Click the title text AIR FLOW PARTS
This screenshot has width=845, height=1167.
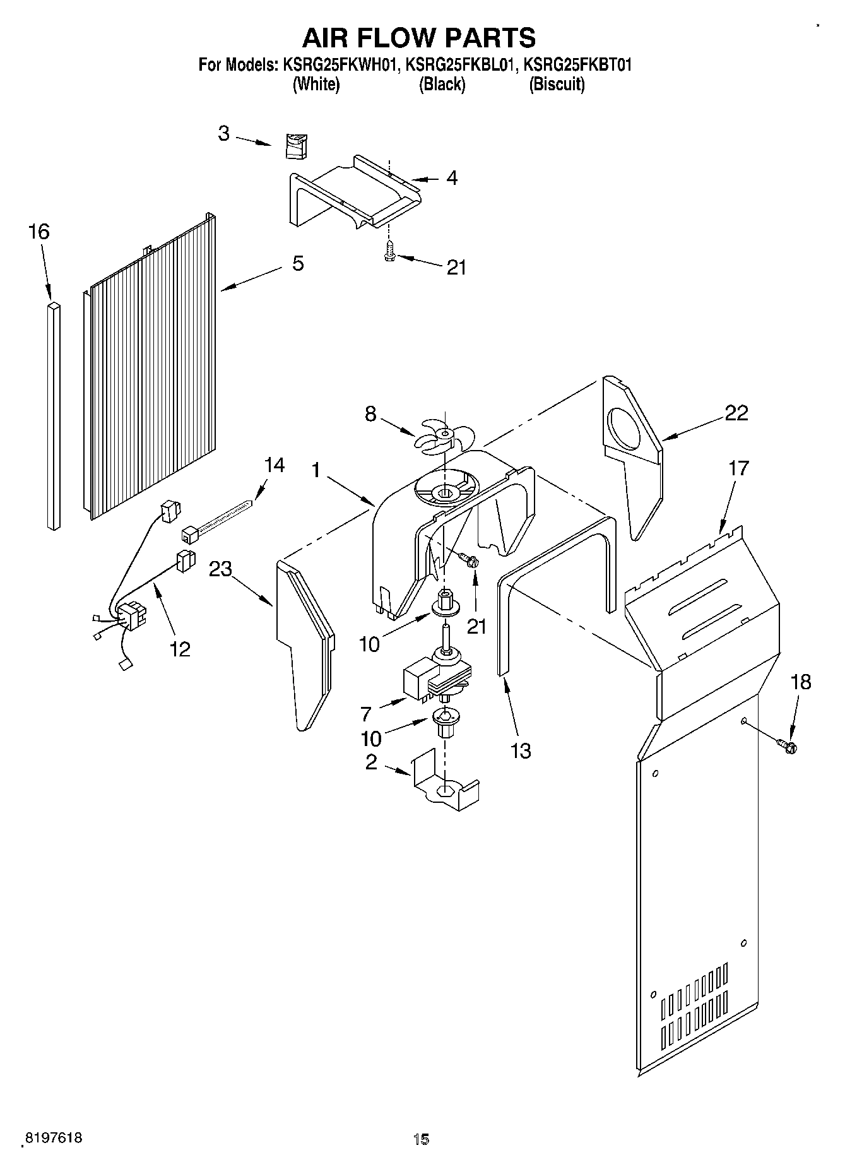pyautogui.click(x=419, y=38)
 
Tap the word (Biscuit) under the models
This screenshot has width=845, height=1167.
pyautogui.click(x=556, y=85)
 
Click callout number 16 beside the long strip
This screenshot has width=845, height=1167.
pyautogui.click(x=38, y=232)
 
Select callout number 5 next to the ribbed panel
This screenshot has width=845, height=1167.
pyautogui.click(x=297, y=263)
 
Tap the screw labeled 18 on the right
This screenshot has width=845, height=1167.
pyautogui.click(x=788, y=747)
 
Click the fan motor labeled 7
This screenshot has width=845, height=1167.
pyautogui.click(x=435, y=678)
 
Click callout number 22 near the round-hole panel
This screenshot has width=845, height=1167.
pyautogui.click(x=736, y=413)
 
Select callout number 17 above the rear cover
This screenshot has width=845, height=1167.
pyautogui.click(x=738, y=468)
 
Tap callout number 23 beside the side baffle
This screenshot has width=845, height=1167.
pyautogui.click(x=221, y=569)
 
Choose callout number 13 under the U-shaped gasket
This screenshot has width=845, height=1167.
pyautogui.click(x=521, y=751)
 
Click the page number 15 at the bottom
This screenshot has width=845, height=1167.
pyautogui.click(x=421, y=1139)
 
